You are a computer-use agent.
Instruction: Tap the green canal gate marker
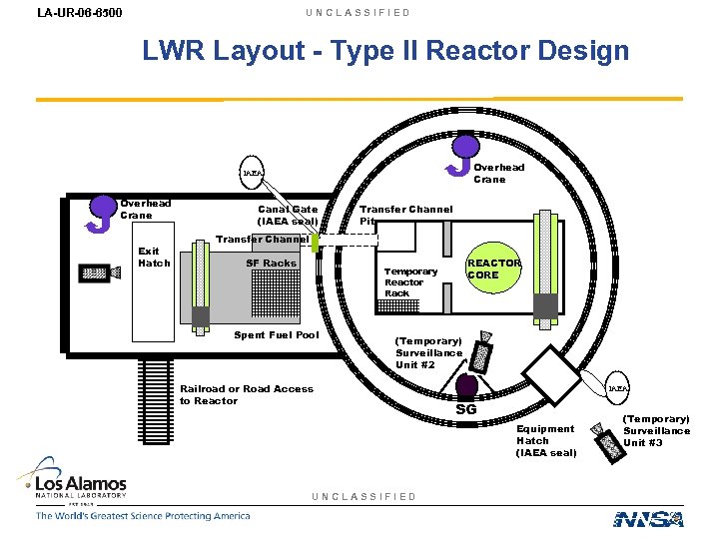[315, 243]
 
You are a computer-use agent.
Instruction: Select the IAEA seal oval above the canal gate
[254, 173]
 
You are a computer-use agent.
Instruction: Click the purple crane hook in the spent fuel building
[102, 211]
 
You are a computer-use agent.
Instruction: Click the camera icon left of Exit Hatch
[95, 271]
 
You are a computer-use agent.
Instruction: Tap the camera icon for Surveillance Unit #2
[483, 350]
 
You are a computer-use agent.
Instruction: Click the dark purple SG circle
[465, 386]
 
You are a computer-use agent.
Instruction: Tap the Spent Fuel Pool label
[277, 334]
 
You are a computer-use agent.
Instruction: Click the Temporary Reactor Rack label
[410, 281]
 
